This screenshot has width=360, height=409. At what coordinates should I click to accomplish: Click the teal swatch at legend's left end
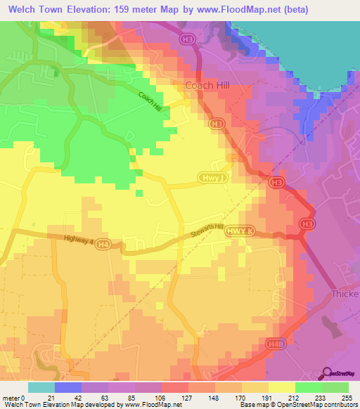click(41, 387)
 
